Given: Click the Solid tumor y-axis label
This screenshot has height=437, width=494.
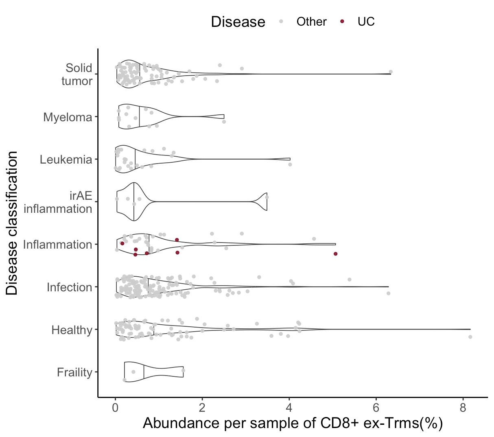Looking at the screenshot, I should click(x=77, y=74).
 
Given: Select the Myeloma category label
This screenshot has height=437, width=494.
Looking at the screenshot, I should click(x=68, y=118).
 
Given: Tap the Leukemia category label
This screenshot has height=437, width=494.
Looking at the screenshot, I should click(x=66, y=160).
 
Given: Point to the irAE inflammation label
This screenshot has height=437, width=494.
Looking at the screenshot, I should click(x=58, y=202).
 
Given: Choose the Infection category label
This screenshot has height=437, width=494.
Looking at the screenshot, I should click(x=69, y=287).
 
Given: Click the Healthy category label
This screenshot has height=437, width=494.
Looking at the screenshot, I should click(x=72, y=330).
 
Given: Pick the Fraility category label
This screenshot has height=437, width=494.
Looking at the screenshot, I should click(x=74, y=372).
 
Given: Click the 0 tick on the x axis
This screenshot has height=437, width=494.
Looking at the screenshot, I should click(x=116, y=408).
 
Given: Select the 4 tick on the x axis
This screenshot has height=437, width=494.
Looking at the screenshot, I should click(x=289, y=408).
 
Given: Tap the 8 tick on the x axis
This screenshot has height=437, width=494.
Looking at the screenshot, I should click(x=463, y=408).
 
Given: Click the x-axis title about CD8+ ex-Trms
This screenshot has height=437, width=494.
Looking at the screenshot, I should click(x=293, y=424).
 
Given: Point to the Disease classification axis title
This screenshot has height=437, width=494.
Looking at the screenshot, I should click(x=12, y=223).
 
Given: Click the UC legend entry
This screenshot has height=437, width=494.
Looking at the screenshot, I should click(x=366, y=22).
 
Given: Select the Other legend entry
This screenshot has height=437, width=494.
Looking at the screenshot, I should click(x=311, y=22).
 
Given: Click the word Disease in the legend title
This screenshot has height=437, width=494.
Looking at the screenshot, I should click(x=238, y=22).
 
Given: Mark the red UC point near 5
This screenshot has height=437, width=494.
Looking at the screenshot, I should click(x=336, y=253).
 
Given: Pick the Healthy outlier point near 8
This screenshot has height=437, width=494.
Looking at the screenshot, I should click(x=470, y=337).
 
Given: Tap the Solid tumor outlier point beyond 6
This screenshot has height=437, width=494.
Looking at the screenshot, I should click(x=391, y=72).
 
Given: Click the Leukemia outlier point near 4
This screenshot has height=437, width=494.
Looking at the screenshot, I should click(x=290, y=165).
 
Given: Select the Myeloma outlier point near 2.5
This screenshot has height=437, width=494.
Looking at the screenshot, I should click(x=224, y=122).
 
